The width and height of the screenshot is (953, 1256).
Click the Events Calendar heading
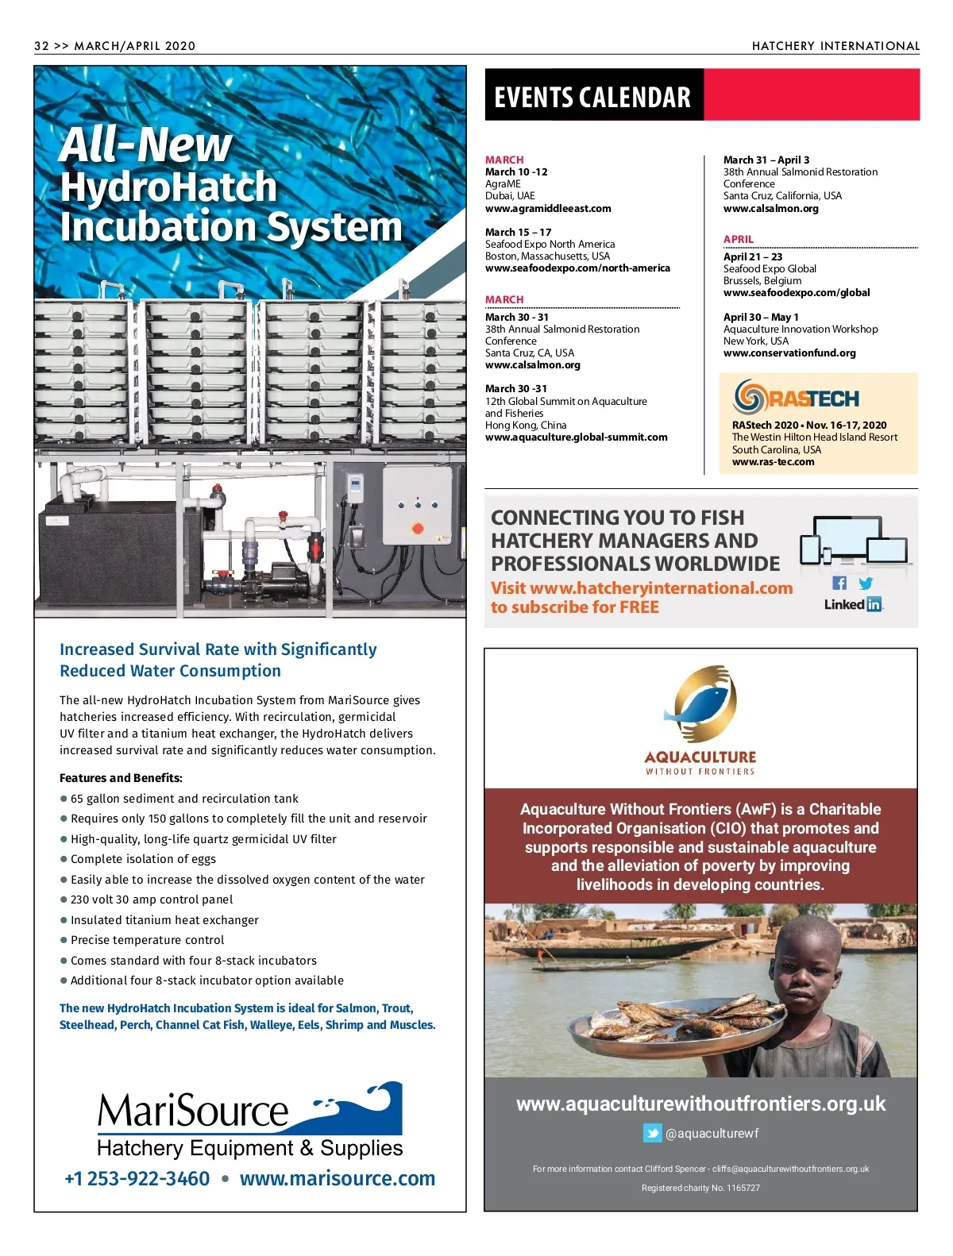click(x=592, y=97)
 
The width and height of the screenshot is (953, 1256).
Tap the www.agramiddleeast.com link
click(x=548, y=209)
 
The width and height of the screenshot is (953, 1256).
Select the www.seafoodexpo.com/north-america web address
click(x=577, y=268)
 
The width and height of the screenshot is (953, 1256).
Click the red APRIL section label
click(x=739, y=239)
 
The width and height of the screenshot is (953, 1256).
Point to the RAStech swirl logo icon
click(x=749, y=397)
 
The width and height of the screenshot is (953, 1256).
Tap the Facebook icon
click(x=839, y=584)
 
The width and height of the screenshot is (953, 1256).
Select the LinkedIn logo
click(x=853, y=605)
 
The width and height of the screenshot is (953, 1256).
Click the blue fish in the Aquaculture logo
click(x=699, y=703)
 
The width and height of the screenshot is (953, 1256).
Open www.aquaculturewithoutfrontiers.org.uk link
click(x=700, y=1104)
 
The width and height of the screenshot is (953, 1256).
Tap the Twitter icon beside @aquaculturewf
click(x=653, y=1134)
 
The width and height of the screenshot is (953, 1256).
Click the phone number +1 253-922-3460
click(x=137, y=1179)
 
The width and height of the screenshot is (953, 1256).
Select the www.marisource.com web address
click(x=338, y=1179)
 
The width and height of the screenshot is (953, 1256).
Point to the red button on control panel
click(x=418, y=528)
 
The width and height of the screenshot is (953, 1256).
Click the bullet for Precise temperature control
click(x=64, y=941)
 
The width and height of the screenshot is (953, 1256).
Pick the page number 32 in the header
click(x=41, y=46)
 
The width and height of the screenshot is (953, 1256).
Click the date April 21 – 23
click(x=752, y=257)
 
